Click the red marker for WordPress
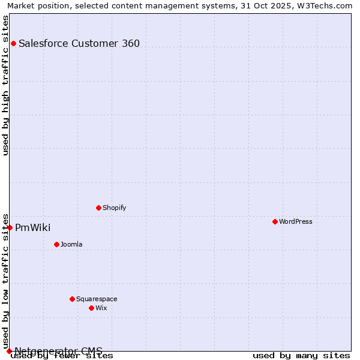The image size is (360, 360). coord(275,221)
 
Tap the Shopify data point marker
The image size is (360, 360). coord(98,208)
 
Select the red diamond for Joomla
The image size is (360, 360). coord(56,244)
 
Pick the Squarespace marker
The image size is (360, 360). coord(72,299)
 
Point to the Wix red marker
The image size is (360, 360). coord(91,308)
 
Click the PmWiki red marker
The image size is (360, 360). coord(10,227)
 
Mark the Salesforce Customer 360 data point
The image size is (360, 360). coord(13,43)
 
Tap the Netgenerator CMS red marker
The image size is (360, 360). coord(9,351)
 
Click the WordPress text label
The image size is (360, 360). coord(296,221)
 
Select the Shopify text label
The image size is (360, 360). coord(115,208)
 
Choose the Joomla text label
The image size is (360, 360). coord(71,244)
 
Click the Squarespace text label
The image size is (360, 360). coord(97,299)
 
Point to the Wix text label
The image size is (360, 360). coord(101,308)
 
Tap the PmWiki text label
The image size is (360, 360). coord(33,227)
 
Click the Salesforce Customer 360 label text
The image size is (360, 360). coord(79,43)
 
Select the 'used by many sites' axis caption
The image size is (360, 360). coord(301,355)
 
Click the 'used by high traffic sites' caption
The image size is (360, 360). coord(5,85)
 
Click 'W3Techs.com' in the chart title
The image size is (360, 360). coord(326,5)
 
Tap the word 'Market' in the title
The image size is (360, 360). coord(20,5)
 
